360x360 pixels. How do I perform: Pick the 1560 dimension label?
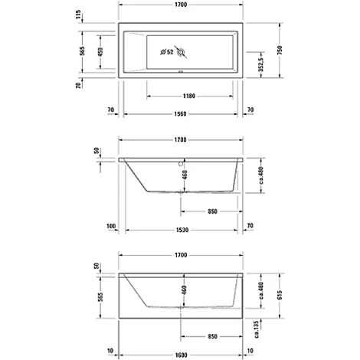[180, 111]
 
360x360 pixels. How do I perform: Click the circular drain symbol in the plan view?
[182, 52]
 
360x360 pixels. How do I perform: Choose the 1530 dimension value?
[180, 226]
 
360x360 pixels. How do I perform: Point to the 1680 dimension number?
[180, 353]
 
